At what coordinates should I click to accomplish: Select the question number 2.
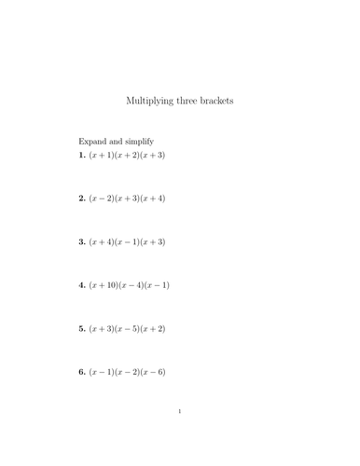[81, 199]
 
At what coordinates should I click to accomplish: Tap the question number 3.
[81, 241]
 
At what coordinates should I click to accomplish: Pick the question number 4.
[81, 285]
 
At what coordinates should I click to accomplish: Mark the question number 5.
[81, 328]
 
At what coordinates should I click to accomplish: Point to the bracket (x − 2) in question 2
[101, 199]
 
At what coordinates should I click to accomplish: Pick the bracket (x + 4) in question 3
[101, 241]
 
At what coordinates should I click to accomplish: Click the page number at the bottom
[180, 411]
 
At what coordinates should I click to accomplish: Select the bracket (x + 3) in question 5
[101, 328]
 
